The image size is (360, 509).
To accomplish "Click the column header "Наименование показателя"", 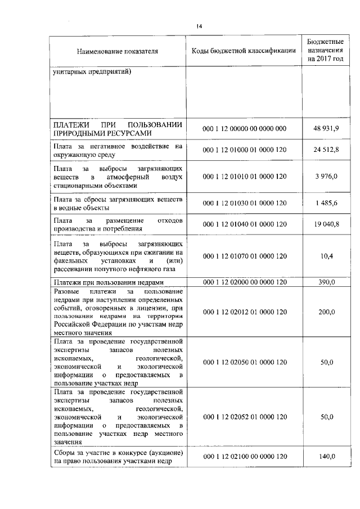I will pyautogui.click(x=118, y=51).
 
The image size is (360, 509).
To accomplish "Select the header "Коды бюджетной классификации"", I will pyautogui.click(x=244, y=51).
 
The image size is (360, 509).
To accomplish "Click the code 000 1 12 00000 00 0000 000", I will pyautogui.click(x=244, y=129).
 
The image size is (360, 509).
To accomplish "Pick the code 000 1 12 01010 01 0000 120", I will pyautogui.click(x=244, y=177).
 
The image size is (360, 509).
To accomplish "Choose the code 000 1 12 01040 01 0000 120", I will pyautogui.click(x=244, y=224).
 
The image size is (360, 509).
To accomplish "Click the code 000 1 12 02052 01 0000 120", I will pyautogui.click(x=244, y=417).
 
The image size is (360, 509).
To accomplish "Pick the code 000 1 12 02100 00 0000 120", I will pyautogui.click(x=244, y=457).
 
